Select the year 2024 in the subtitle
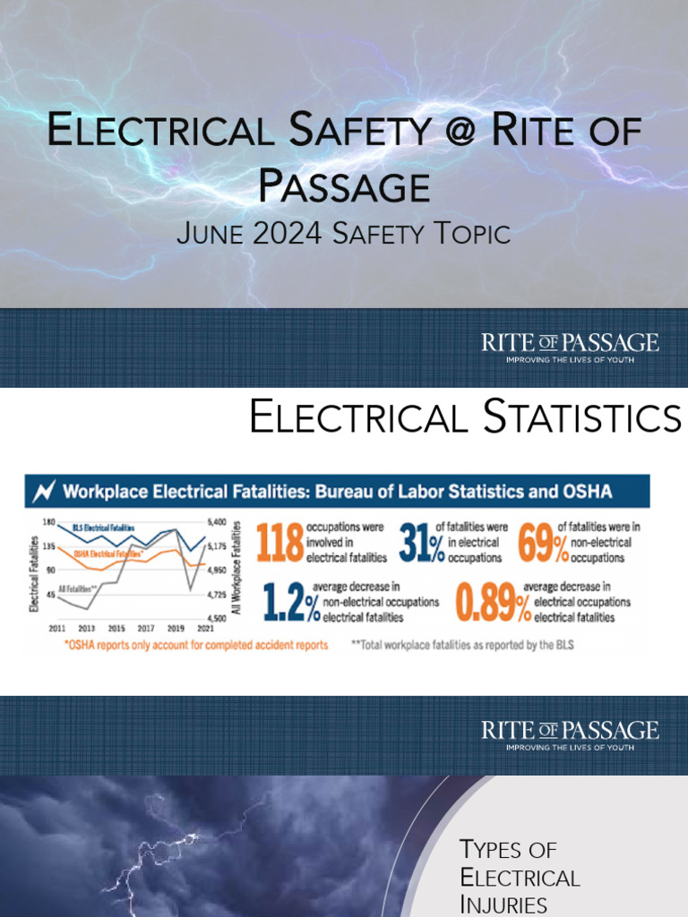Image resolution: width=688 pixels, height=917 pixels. [289, 235]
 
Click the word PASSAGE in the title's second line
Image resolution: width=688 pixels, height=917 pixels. [344, 187]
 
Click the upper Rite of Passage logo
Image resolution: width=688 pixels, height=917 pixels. [570, 347]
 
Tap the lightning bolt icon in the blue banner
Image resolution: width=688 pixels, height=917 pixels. [43, 491]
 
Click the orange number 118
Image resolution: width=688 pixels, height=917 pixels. [279, 543]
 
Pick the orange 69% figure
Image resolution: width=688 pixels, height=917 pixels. [543, 543]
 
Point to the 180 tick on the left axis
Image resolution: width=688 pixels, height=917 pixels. [49, 522]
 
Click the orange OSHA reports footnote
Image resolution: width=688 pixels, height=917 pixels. [195, 645]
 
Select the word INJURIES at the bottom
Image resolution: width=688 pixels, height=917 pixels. [503, 904]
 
